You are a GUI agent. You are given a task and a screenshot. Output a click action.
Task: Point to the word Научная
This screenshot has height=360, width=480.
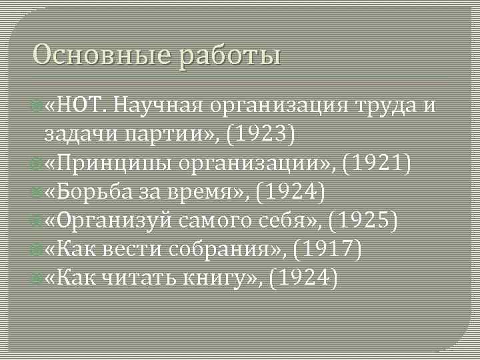click(x=159, y=105)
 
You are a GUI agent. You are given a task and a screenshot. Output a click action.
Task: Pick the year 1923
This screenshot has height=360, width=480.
click(x=260, y=134)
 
